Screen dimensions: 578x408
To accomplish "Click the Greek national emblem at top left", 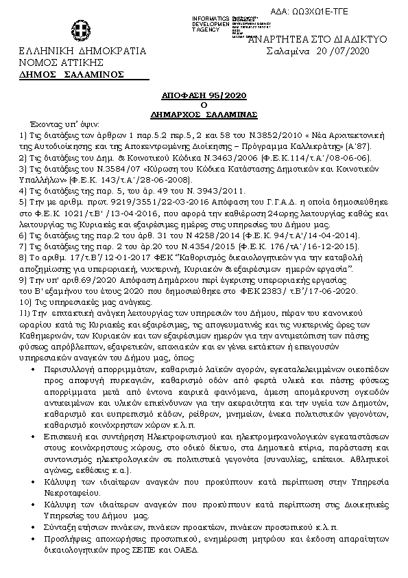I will pyautogui.click(x=77, y=30).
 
